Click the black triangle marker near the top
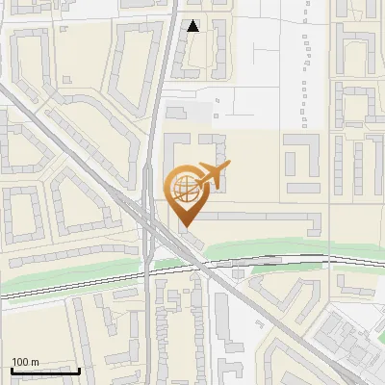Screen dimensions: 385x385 193,26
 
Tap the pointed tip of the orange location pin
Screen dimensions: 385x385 184,226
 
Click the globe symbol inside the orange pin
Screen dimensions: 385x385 183,186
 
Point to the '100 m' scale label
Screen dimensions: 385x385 25,362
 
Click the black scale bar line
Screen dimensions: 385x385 44,371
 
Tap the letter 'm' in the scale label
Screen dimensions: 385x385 35,362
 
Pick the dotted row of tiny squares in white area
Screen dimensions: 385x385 305,77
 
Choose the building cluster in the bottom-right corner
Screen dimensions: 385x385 351,342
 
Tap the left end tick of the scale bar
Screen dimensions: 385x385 12,370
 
